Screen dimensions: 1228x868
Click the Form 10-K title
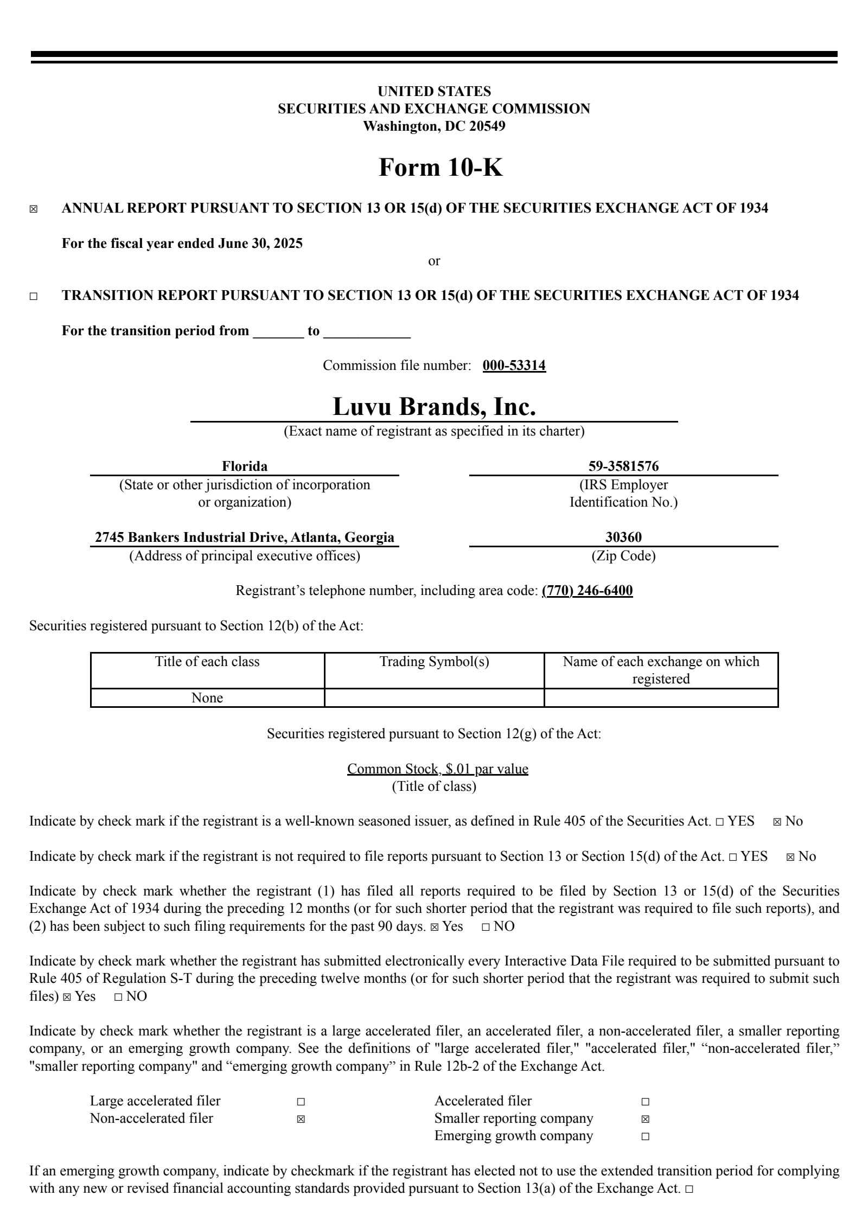[440, 167]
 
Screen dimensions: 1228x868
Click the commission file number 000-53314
[514, 366]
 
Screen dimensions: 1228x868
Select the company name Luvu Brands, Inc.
[434, 407]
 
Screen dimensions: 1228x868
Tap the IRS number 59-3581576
[623, 466]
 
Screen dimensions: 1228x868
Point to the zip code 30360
[623, 538]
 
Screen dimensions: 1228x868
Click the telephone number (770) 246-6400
[587, 591]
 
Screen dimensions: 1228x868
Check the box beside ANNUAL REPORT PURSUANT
[34, 209]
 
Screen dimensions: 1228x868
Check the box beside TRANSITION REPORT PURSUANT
[34, 296]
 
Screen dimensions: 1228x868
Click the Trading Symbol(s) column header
[434, 662]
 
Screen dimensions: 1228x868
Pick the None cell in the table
[207, 698]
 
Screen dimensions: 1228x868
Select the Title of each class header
[207, 662]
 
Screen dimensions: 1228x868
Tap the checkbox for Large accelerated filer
[301, 1102]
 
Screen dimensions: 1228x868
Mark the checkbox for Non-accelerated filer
[301, 1119]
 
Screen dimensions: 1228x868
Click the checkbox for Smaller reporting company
[645, 1119]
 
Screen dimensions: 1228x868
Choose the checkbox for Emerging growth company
[645, 1136]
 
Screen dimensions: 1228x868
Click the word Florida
[245, 466]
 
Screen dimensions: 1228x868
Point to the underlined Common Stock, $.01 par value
[437, 769]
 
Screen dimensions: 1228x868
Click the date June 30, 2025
[260, 244]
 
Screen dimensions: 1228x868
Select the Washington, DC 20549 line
[434, 126]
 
